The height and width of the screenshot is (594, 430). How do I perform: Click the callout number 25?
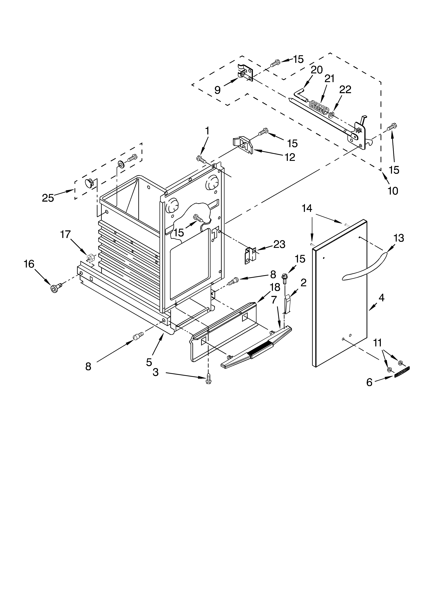(x=48, y=198)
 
